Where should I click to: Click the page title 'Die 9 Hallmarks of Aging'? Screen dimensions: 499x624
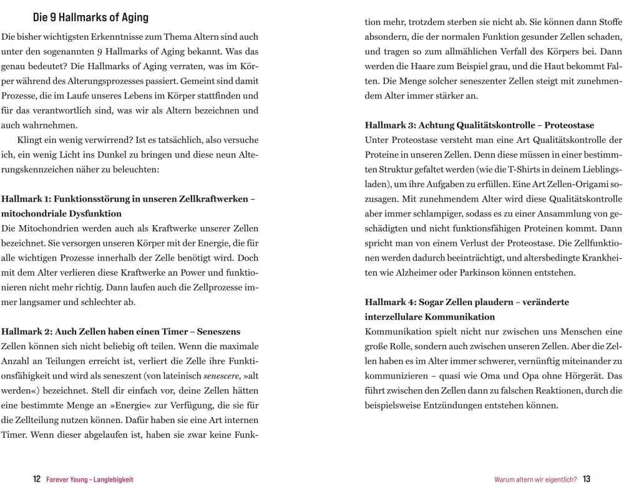90,17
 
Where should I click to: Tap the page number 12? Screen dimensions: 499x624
37,479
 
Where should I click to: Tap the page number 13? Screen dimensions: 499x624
587,479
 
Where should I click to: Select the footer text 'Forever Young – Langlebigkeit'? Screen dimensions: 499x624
90,480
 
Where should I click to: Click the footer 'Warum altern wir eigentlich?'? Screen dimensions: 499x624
535,480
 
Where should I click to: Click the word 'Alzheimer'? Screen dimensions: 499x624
431,273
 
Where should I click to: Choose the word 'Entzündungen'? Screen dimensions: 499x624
459,405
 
